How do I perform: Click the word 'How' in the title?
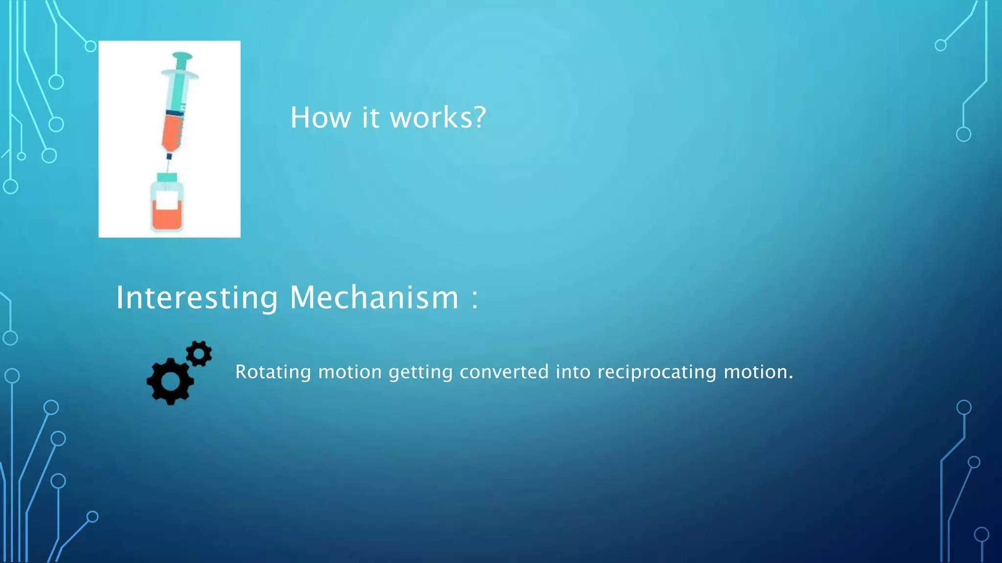tap(320, 118)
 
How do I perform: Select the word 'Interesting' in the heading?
tap(197, 298)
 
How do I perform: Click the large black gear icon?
tap(170, 381)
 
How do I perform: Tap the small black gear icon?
tap(199, 353)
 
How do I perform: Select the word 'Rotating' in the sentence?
tap(273, 372)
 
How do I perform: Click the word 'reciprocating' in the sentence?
tap(657, 372)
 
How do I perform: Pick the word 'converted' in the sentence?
tap(504, 372)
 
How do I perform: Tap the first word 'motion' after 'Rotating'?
tap(349, 372)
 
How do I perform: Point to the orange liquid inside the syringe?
tap(173, 132)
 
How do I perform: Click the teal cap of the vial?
tap(167, 177)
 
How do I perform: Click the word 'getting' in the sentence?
tap(421, 372)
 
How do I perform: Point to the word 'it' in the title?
tap(370, 118)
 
